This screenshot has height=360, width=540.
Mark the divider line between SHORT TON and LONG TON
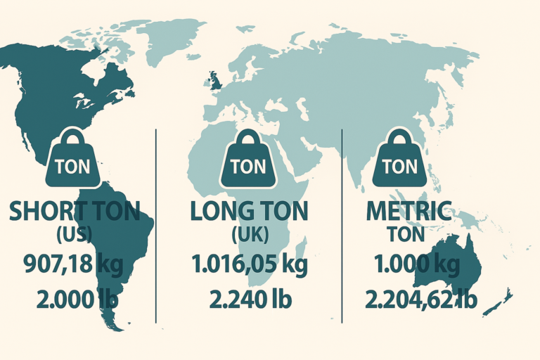tap(155, 225)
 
